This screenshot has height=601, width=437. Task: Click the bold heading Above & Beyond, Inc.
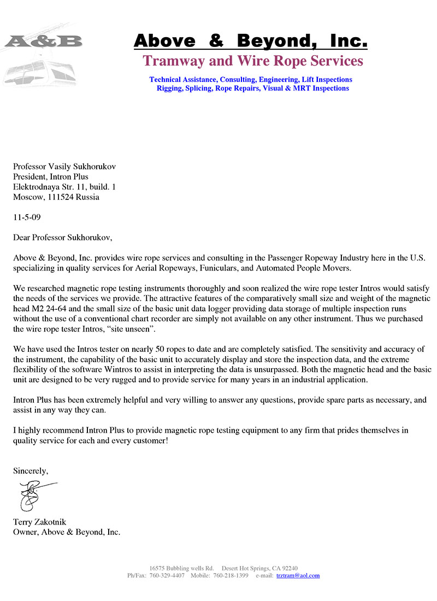(x=250, y=40)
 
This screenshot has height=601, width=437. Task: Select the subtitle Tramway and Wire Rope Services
(x=252, y=61)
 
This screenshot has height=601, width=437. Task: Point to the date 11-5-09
(x=27, y=217)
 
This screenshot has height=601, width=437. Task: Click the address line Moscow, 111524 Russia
(x=56, y=197)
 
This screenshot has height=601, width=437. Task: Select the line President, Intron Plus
(x=51, y=176)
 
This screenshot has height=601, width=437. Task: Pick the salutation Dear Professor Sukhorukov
(x=63, y=237)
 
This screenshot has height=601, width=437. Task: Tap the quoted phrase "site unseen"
(x=174, y=328)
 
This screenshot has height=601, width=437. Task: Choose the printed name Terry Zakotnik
(x=39, y=522)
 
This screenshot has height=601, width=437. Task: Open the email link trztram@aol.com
(x=298, y=575)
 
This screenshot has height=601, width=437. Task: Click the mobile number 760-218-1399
(x=231, y=575)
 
